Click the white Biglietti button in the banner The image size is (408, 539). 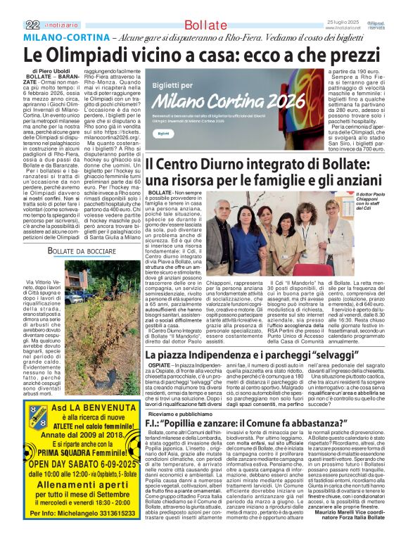point(163,133)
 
